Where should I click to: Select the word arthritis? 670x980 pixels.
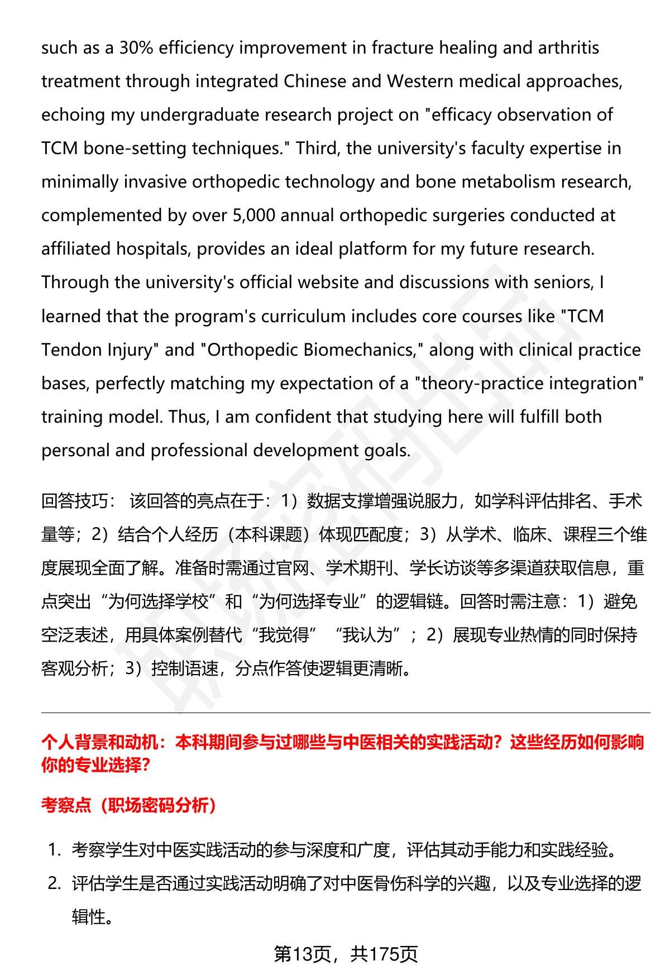click(x=568, y=48)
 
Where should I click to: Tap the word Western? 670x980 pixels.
click(x=420, y=82)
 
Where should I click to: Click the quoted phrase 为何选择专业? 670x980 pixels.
click(x=313, y=602)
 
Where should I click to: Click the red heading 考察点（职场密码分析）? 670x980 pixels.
click(x=129, y=805)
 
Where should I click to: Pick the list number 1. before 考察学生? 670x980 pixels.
click(x=54, y=850)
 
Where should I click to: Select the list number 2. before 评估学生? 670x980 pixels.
click(x=54, y=884)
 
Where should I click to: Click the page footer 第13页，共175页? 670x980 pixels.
click(x=346, y=955)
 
